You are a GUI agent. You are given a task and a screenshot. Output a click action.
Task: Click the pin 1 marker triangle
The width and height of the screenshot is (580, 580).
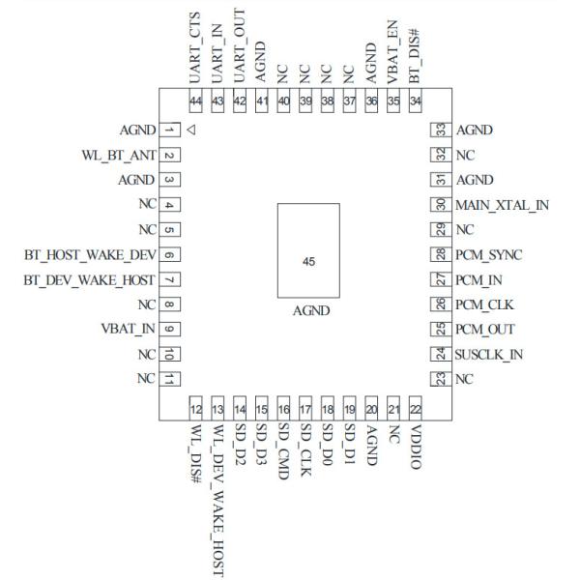pos(191,130)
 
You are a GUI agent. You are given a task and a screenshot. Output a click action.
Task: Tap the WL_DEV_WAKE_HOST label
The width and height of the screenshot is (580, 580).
pos(217,488)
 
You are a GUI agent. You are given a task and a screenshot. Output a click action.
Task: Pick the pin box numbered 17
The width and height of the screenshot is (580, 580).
pos(306,408)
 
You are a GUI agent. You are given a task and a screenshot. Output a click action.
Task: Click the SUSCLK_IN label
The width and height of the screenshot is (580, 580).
pos(489,355)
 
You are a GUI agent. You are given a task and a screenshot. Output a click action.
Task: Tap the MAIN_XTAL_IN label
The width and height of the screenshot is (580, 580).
pos(502,205)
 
